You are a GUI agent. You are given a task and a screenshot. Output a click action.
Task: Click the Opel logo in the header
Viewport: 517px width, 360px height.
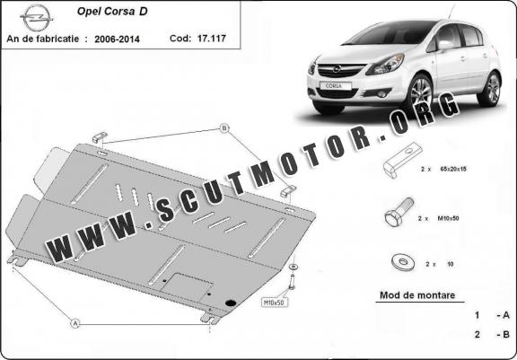[36, 18]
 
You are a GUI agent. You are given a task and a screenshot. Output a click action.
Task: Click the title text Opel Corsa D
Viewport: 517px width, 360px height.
[112, 11]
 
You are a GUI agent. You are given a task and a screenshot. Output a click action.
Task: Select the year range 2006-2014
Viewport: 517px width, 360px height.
[117, 40]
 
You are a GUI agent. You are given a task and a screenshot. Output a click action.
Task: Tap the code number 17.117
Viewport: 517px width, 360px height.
[211, 39]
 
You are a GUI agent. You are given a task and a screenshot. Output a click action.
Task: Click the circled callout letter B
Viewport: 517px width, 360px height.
[224, 128]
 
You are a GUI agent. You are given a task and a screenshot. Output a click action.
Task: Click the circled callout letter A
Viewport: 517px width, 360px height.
[75, 323]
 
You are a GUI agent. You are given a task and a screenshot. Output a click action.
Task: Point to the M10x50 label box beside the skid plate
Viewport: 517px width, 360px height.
[275, 302]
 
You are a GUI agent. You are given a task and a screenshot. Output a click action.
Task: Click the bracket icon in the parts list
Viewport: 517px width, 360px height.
[402, 160]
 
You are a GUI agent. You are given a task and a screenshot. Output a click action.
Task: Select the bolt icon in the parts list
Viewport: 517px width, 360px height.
[399, 212]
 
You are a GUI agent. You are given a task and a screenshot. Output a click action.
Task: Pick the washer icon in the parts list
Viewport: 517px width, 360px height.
[402, 263]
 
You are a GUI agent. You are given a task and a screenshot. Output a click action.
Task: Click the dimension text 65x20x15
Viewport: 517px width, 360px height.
[453, 169]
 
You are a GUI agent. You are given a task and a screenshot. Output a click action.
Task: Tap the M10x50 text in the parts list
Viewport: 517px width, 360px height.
[448, 218]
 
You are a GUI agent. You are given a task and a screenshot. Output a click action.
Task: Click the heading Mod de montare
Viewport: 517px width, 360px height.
[417, 295]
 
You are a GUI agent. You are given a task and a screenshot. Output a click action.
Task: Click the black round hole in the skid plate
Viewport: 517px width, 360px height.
[231, 303]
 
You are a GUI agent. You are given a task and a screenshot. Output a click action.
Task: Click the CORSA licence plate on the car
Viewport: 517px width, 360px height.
[336, 85]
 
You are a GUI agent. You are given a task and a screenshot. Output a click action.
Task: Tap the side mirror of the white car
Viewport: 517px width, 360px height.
[444, 45]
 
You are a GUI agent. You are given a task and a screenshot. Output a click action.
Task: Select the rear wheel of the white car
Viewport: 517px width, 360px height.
[491, 89]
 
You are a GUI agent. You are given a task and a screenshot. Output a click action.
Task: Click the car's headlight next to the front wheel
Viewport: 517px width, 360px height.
[386, 65]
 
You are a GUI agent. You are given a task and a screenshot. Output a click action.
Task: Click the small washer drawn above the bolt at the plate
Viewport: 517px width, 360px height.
[293, 267]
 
